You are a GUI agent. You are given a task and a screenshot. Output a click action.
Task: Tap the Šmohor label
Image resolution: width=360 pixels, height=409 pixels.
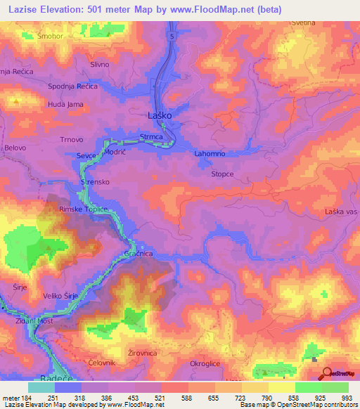[51, 35]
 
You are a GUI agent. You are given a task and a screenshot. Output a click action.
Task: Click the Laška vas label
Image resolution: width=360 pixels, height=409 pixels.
[342, 212]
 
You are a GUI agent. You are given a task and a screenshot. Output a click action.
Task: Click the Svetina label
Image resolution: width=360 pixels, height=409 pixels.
[307, 23]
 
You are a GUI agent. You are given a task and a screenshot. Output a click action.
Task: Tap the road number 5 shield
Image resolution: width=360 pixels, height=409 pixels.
[170, 34]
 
